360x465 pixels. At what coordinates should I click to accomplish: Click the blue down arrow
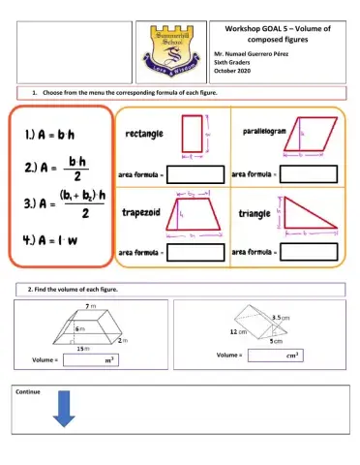(64, 408)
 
